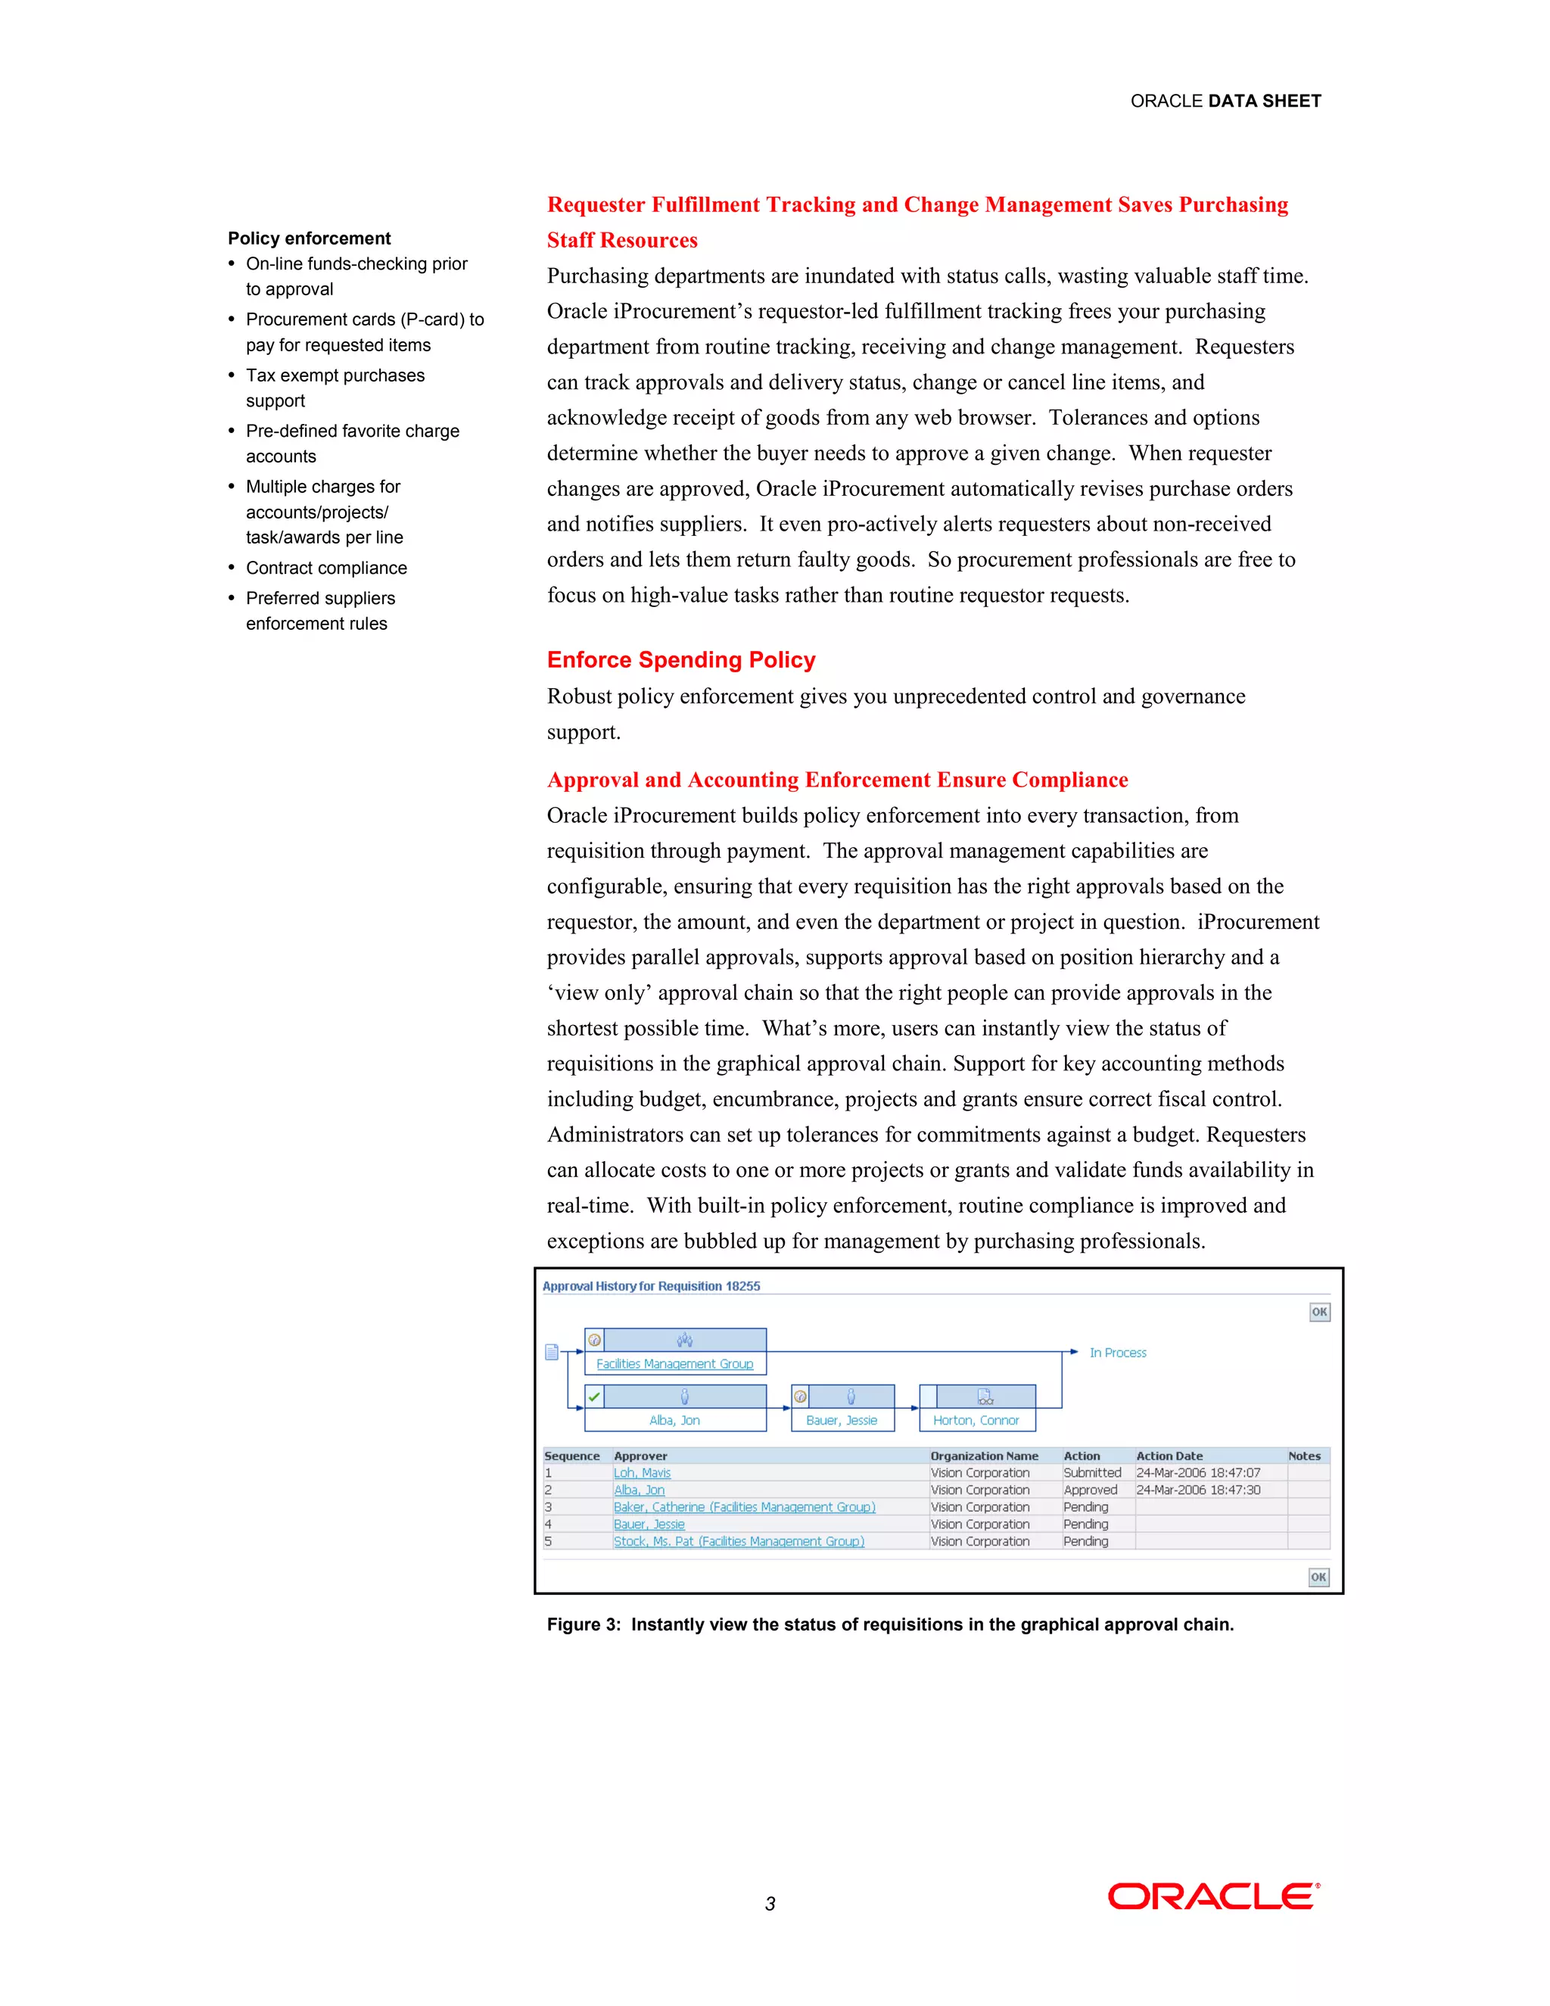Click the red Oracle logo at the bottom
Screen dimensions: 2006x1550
click(1213, 1895)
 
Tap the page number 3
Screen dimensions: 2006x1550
click(770, 1904)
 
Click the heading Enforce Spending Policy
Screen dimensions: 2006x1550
click(680, 659)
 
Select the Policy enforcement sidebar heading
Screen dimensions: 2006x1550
click(310, 238)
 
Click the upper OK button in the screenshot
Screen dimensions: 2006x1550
click(1319, 1312)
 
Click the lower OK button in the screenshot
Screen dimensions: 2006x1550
click(1318, 1577)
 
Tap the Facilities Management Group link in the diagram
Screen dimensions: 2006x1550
click(674, 1364)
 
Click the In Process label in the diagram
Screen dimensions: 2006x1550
click(1118, 1353)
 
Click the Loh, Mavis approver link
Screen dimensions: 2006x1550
click(642, 1472)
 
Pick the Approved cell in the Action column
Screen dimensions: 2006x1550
click(1090, 1490)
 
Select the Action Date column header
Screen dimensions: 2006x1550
click(1169, 1456)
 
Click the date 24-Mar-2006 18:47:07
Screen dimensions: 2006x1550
click(1197, 1472)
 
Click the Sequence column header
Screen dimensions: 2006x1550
click(571, 1456)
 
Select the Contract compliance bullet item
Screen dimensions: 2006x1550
click(326, 568)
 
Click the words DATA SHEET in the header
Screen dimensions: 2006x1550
click(1265, 101)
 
